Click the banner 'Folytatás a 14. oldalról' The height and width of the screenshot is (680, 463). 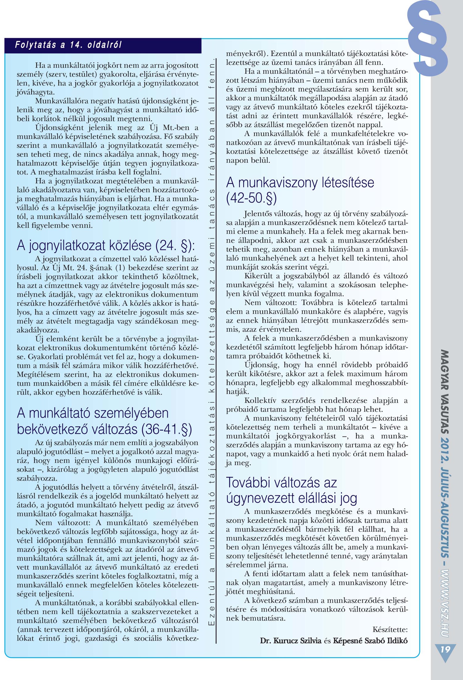[69, 45]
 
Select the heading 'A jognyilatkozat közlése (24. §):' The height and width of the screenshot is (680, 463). [106, 245]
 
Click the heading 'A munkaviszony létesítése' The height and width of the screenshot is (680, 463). [300, 182]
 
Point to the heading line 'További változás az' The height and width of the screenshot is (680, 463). [281, 482]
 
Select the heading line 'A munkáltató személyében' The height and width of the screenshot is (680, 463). [93, 413]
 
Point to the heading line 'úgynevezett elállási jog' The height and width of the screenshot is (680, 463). [291, 498]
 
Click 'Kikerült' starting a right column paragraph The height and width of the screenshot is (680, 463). [256, 276]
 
